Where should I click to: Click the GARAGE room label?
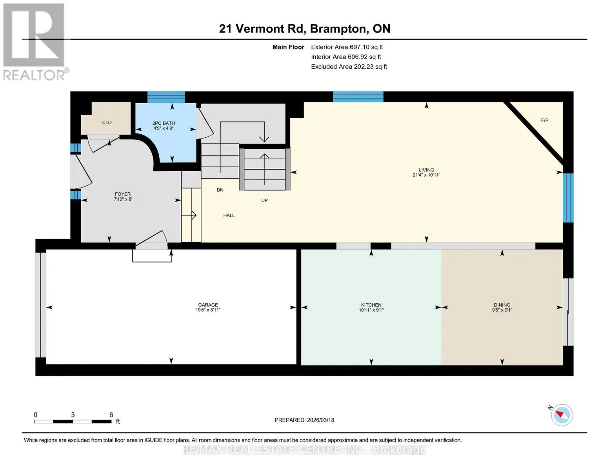(208, 305)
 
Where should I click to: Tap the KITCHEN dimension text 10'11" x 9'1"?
(371, 310)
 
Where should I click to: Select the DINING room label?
(502, 305)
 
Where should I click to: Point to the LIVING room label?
(426, 170)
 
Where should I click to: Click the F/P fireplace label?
(545, 120)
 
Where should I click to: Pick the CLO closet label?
(107, 122)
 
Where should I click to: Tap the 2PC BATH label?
(164, 123)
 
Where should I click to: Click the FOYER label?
(122, 194)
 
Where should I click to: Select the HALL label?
(229, 215)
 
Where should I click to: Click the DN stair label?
(220, 190)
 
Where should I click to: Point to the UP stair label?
(264, 201)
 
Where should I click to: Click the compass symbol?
(562, 415)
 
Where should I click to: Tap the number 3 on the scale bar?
(73, 414)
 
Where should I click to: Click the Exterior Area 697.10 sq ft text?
(347, 47)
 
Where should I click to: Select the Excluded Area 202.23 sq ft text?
(349, 67)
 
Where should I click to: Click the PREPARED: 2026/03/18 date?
(304, 420)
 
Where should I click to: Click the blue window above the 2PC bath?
(166, 97)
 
